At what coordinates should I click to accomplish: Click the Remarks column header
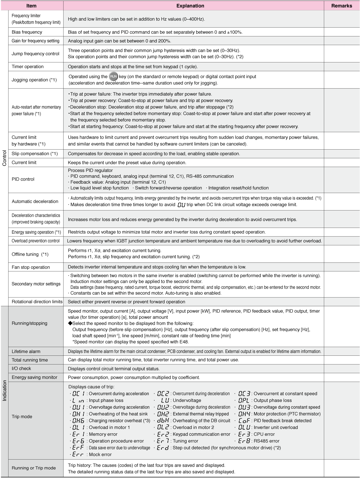tap(342, 6)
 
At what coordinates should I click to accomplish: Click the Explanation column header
tap(190, 6)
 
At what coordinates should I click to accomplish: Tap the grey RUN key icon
tap(113, 77)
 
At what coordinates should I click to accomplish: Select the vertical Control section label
tap(5, 158)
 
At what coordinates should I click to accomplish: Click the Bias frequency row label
tap(27, 32)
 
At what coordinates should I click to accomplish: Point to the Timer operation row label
tap(28, 67)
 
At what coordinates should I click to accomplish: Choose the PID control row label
tap(23, 179)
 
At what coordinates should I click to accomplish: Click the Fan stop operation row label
tap(31, 267)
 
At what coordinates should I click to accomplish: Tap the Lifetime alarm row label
tap(26, 351)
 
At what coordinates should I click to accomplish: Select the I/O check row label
tap(21, 369)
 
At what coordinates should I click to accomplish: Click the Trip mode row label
tap(22, 416)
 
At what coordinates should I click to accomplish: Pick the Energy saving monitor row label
tap(35, 377)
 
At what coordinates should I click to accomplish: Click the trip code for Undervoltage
tap(165, 400)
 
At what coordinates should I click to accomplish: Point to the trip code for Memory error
tap(79, 434)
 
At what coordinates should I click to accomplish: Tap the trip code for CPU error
tap(244, 434)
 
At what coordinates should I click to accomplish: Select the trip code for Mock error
tap(78, 455)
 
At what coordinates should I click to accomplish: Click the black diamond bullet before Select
tap(70, 323)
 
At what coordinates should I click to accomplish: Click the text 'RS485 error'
tap(266, 441)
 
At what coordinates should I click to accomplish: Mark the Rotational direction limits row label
tap(37, 302)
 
